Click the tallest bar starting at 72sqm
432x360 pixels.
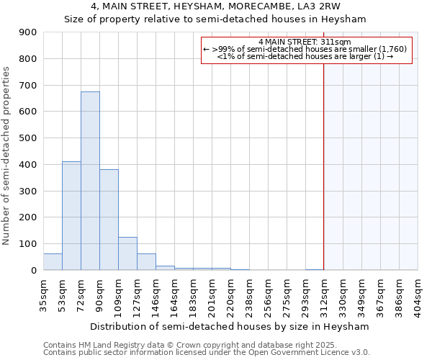tap(90, 181)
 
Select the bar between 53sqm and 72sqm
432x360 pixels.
tap(71, 216)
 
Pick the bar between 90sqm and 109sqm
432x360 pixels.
tap(109, 220)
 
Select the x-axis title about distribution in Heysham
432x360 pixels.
tap(230, 326)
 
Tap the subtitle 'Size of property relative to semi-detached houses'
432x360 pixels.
tap(215, 19)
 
